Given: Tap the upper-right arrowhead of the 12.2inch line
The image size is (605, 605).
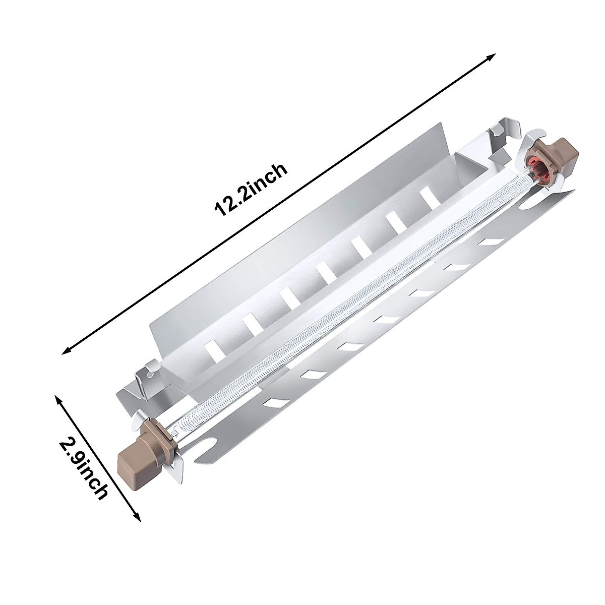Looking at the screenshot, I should coord(493,56).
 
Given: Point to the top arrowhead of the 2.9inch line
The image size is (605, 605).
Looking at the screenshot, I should coord(57,399).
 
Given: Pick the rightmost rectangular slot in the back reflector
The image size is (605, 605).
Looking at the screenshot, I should coord(429,197).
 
